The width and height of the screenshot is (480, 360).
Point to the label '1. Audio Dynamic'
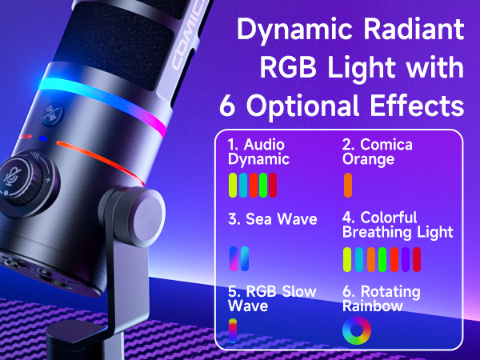[258, 152]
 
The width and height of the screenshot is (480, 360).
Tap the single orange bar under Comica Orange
[348, 185]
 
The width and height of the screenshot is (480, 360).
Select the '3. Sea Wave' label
[262, 219]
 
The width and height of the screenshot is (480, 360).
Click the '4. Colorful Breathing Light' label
[397, 225]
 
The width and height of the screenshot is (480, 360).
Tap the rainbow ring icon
[355, 330]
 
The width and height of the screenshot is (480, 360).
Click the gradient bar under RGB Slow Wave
[233, 330]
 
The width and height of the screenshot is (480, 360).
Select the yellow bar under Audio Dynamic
[233, 185]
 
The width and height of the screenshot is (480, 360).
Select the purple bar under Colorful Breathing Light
[405, 258]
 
